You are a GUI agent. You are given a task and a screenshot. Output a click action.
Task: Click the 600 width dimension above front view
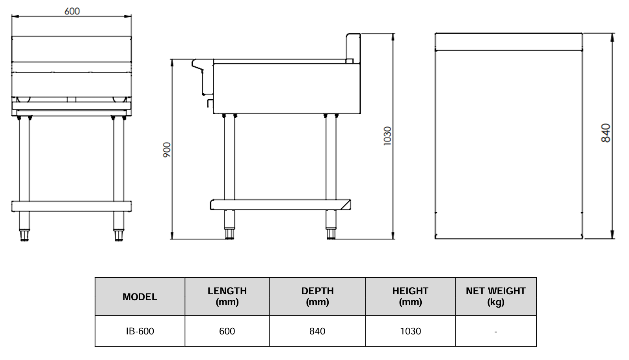72,11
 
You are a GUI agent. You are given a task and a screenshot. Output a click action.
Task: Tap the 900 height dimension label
167,150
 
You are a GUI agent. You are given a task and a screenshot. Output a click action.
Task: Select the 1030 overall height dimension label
387,136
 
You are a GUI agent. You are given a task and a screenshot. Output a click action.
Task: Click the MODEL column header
140,297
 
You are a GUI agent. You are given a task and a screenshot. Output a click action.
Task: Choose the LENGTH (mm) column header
227,296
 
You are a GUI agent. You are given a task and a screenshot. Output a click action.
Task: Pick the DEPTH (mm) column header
317,296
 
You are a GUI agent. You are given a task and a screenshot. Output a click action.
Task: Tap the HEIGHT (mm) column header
410,296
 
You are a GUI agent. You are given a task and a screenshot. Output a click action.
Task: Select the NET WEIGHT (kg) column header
495,296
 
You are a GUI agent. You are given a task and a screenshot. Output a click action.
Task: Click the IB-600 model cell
140,331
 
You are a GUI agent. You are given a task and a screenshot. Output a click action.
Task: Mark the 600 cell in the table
227,331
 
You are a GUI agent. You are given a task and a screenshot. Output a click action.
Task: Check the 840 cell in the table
317,331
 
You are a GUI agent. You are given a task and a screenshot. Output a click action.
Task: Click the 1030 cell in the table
410,331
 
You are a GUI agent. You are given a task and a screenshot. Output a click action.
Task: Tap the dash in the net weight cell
495,332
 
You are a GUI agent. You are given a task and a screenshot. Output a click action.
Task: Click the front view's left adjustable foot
24,235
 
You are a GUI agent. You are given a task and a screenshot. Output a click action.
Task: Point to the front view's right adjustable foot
118,235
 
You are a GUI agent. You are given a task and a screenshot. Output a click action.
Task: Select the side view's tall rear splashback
353,47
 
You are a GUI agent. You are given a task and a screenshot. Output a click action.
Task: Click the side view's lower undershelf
280,204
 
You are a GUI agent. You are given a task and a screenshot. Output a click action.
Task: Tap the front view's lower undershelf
71,206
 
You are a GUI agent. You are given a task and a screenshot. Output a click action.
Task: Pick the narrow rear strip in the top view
508,42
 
